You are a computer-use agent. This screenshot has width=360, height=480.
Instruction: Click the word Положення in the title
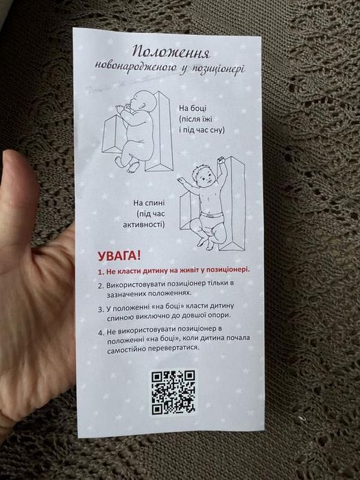(x=171, y=51)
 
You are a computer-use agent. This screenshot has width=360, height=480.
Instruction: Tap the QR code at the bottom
(x=173, y=392)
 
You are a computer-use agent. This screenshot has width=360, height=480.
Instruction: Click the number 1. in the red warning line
(x=100, y=271)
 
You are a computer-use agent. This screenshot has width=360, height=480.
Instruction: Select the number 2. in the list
(x=100, y=284)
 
